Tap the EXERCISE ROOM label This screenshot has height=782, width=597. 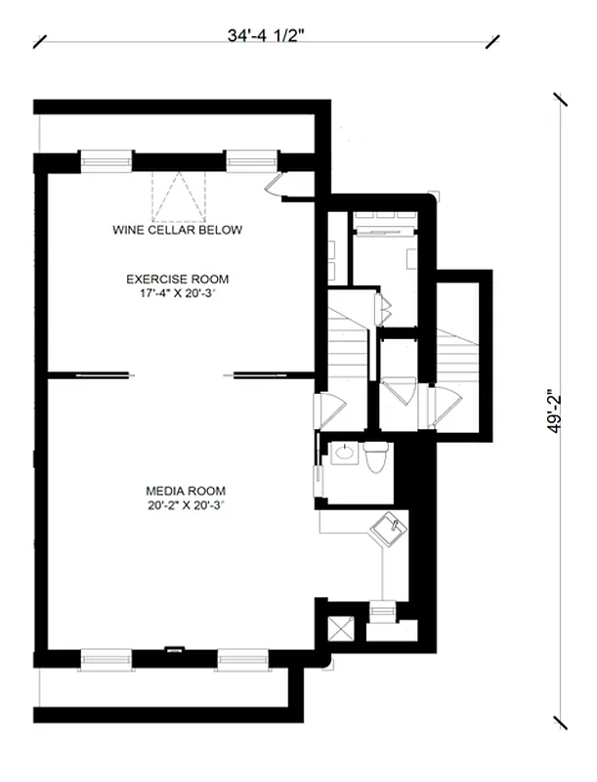pyautogui.click(x=177, y=280)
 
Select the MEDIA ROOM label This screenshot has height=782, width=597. pyautogui.click(x=186, y=491)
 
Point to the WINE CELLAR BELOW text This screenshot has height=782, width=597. pyautogui.click(x=177, y=230)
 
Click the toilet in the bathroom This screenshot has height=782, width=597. pyautogui.click(x=376, y=457)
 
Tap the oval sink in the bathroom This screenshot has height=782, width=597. pyautogui.click(x=344, y=453)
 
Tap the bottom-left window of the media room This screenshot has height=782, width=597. pyautogui.click(x=106, y=659)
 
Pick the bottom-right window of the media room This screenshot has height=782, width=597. pyautogui.click(x=241, y=659)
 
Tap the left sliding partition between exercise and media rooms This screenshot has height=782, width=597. pyautogui.click(x=89, y=373)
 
